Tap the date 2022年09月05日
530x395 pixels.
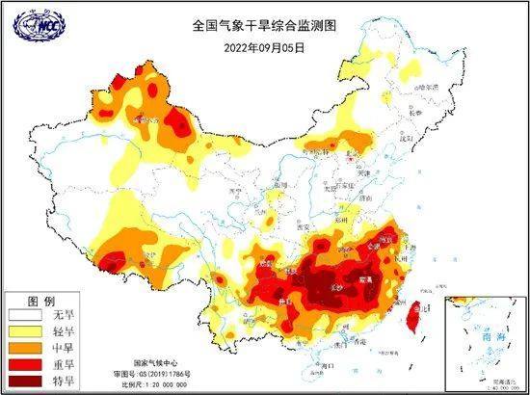tap(265, 45)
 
